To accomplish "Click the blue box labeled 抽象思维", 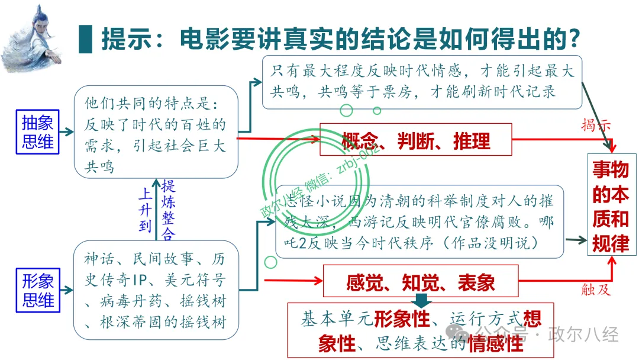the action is pos(38,131).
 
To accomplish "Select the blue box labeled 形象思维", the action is pos(38,290).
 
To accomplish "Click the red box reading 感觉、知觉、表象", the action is pos(420,282).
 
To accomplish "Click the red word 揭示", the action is pos(596,126).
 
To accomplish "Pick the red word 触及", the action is pos(595,290).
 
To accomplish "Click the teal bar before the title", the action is pos(86,40).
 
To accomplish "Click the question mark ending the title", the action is pos(570,39).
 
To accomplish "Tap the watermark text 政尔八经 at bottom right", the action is pos(583,334).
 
